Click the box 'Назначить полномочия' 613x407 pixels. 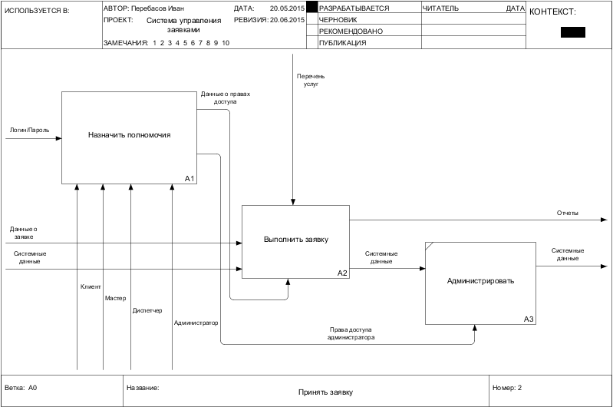[x=129, y=135]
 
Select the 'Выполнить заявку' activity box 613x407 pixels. [x=295, y=240]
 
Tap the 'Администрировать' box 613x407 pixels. [x=480, y=281]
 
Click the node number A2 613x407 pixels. [x=342, y=273]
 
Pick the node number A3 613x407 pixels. [x=529, y=319]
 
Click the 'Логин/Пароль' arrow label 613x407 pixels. [x=29, y=131]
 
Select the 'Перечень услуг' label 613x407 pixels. [x=311, y=80]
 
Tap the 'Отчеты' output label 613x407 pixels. [x=568, y=213]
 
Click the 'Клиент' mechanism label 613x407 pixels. [x=91, y=286]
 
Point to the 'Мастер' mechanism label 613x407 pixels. [x=115, y=298]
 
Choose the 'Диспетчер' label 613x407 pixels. [x=147, y=310]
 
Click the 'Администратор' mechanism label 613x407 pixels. [x=196, y=323]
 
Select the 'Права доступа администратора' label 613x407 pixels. [x=351, y=333]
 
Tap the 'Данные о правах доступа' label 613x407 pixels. [x=226, y=98]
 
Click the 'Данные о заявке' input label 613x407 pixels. [x=23, y=233]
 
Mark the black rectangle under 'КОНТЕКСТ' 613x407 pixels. [x=572, y=32]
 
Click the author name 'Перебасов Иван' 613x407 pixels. [x=163, y=8]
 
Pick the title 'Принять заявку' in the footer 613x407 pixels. [x=325, y=392]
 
